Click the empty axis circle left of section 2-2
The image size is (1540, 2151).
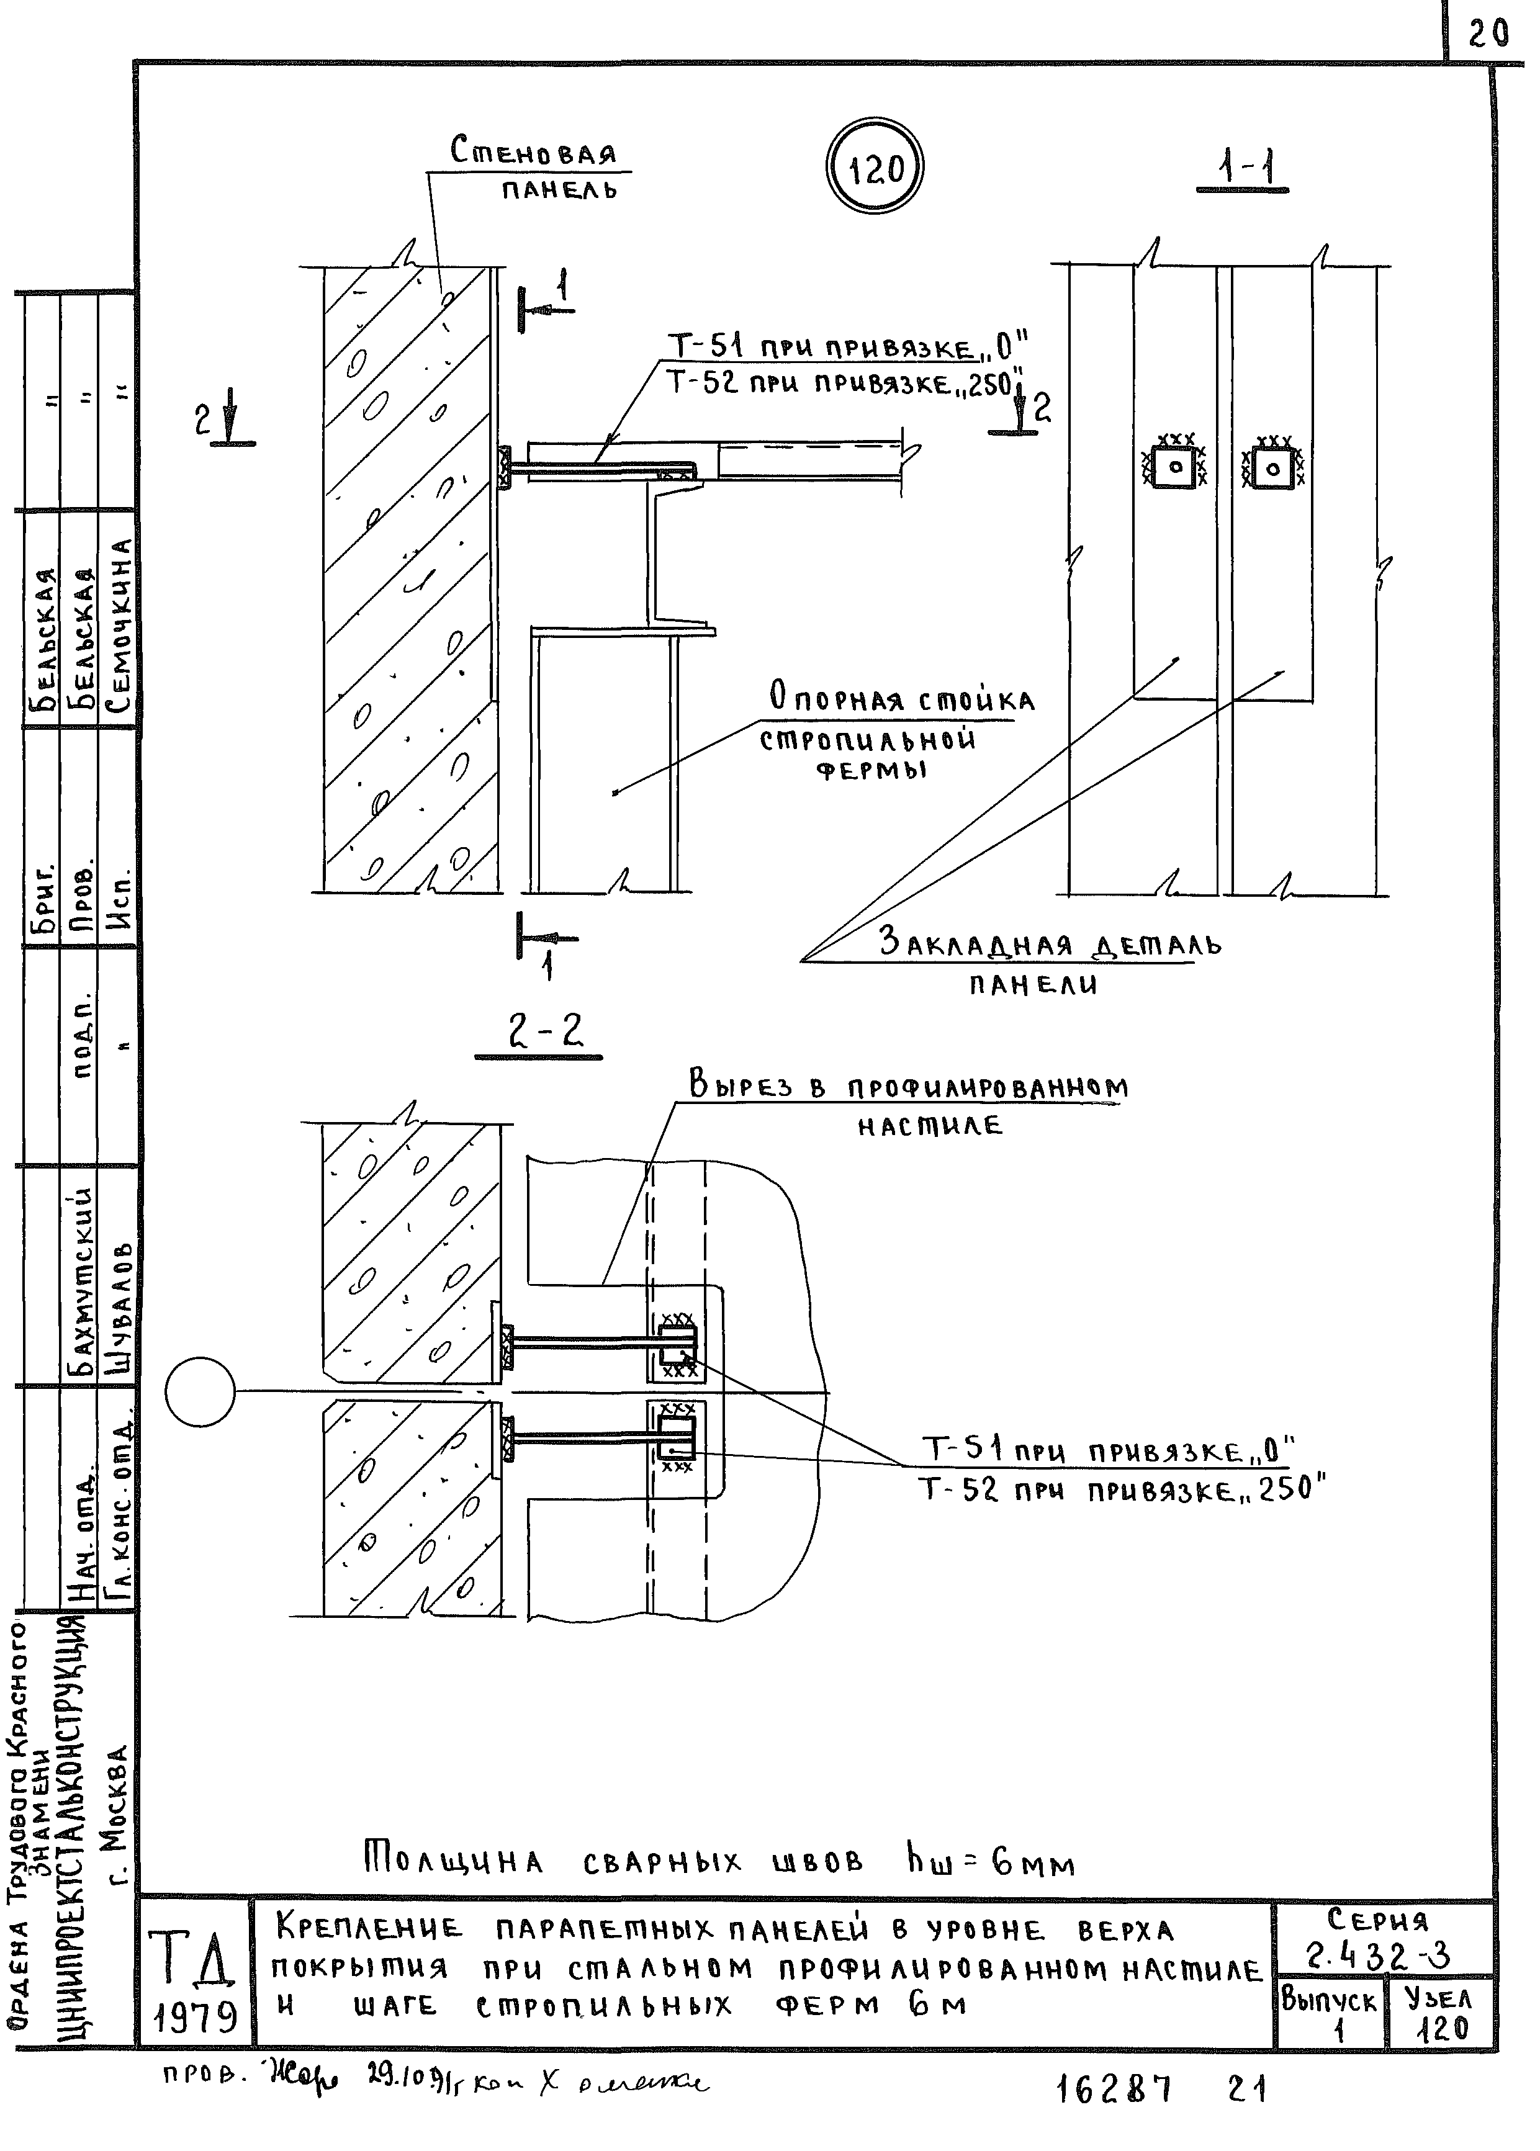[x=200, y=1391]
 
